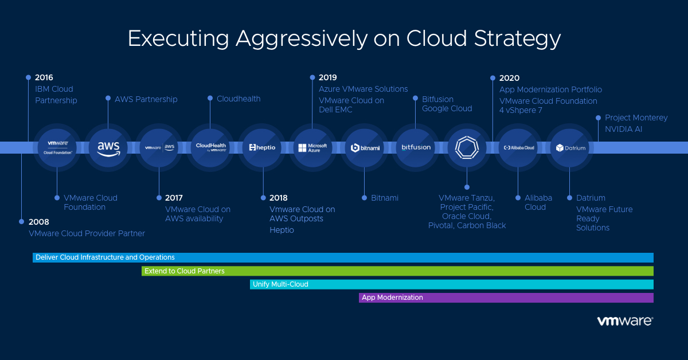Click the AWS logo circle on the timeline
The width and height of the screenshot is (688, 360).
pos(108,147)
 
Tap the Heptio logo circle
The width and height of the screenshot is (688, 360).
pos(262,147)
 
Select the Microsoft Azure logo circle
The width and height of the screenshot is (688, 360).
pos(312,147)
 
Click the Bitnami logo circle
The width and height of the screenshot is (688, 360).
pos(363,147)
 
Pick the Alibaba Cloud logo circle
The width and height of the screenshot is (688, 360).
pos(518,147)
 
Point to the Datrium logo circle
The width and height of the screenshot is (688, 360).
pos(569,147)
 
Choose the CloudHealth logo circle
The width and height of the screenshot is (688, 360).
pos(210,147)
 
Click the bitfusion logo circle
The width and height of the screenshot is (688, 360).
pos(415,147)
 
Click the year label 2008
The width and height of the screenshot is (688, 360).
pos(39,222)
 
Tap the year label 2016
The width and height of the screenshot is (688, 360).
pos(44,77)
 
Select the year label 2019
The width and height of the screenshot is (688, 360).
pos(328,77)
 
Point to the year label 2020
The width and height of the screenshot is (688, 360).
pos(509,78)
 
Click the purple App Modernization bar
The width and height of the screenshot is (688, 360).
pos(506,298)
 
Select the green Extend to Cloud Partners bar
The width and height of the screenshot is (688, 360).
pos(397,271)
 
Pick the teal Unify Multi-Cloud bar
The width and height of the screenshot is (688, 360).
pos(452,284)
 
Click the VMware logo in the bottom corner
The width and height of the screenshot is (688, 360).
pos(624,321)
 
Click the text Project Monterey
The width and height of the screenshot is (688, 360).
pos(636,118)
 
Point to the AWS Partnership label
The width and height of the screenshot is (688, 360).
pos(146,99)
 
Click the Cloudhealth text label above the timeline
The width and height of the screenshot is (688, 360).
pos(239,99)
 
